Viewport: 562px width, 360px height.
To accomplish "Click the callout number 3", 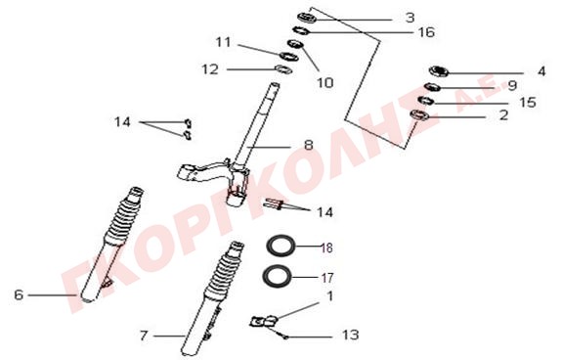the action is click(411, 18).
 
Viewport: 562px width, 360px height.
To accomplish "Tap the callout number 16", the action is click(426, 32).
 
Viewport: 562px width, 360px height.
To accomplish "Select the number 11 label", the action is click(223, 42).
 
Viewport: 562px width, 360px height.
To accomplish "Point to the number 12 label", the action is click(210, 69).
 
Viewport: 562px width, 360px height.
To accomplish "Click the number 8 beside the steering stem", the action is click(308, 145).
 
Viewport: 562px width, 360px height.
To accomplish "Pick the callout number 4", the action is click(541, 71).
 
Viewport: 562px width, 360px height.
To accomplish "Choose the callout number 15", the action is click(528, 103).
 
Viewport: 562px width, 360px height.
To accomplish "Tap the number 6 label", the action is click(19, 294).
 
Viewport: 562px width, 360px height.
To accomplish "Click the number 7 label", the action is click(144, 336).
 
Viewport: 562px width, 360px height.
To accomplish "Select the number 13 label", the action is click(350, 335).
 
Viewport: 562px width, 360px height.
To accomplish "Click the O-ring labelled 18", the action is click(281, 246).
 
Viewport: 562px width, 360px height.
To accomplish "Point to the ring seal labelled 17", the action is click(277, 276).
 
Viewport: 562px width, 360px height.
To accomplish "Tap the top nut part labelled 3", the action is click(306, 18).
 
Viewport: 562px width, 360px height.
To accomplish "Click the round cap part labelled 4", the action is click(439, 71).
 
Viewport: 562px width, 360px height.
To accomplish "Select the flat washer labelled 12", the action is click(283, 68).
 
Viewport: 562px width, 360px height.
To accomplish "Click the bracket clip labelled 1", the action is click(264, 321).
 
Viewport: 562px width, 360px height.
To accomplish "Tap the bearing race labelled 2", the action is click(419, 115).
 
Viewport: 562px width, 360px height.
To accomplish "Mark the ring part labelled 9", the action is click(432, 87).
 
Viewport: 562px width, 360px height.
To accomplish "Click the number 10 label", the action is click(325, 83).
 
